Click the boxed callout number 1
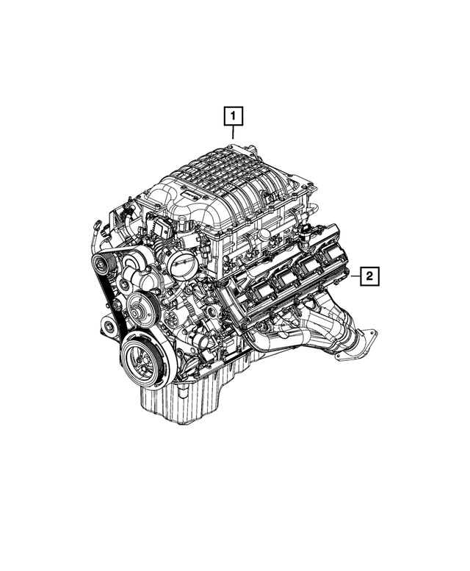[x=233, y=117]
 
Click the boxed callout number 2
[x=369, y=276]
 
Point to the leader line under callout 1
[x=233, y=134]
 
